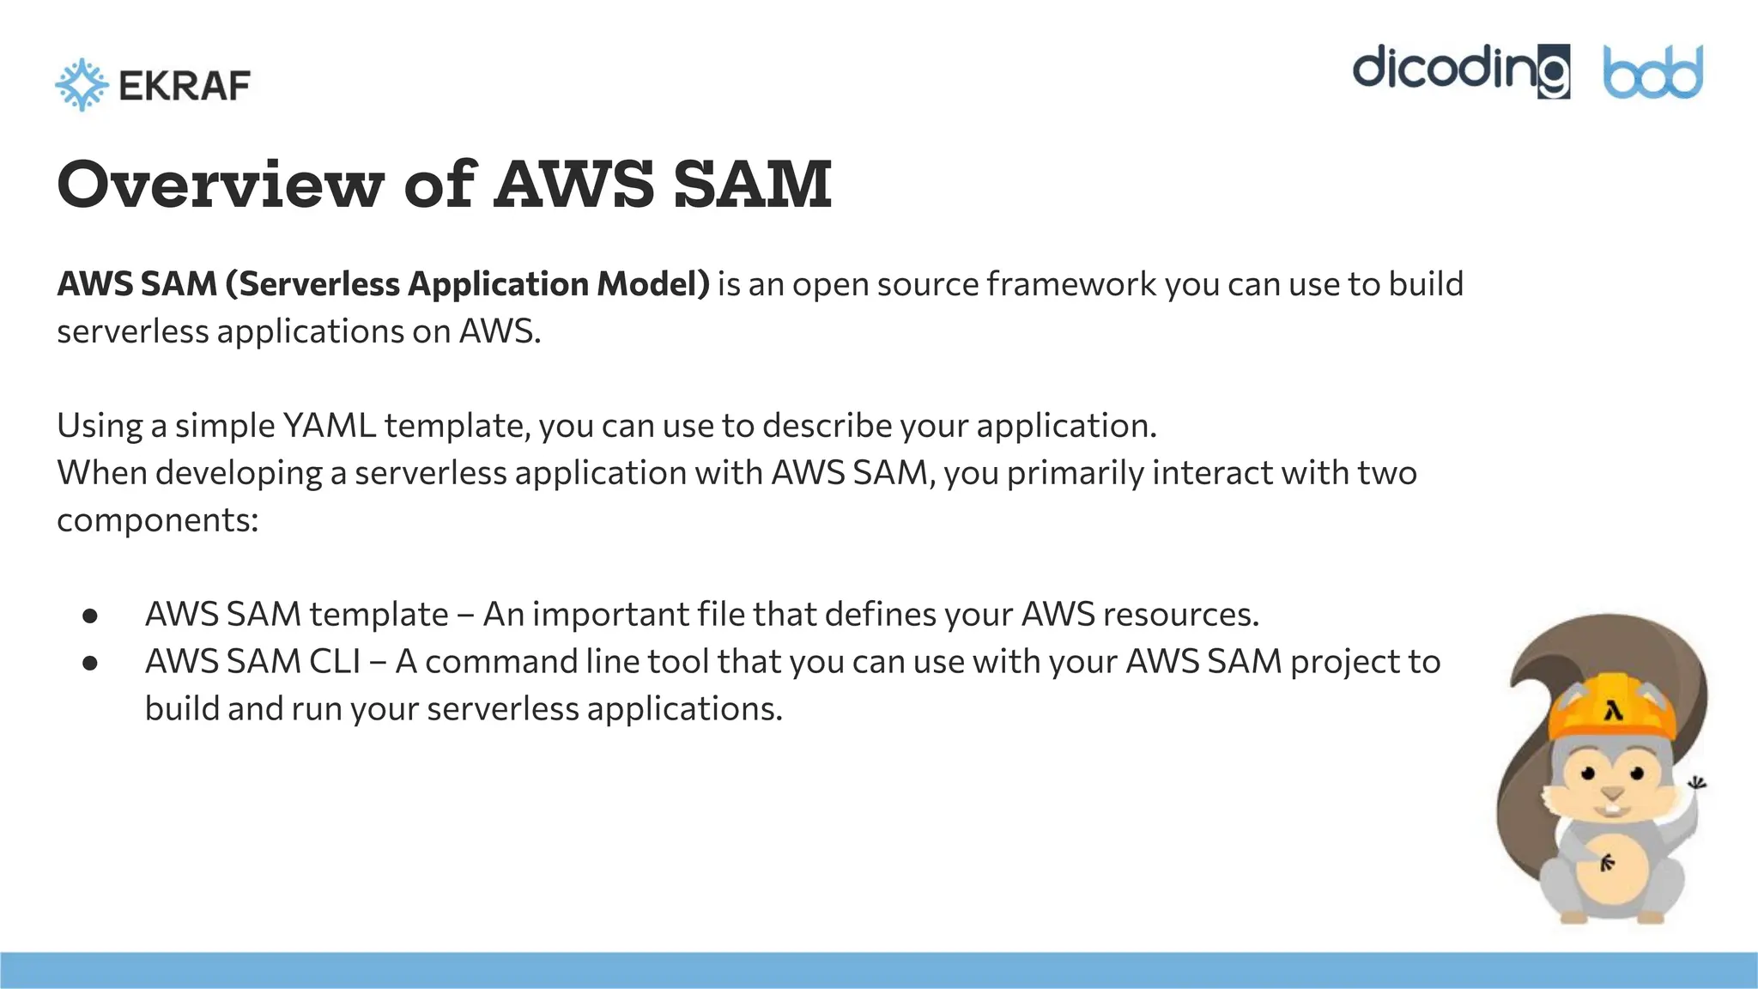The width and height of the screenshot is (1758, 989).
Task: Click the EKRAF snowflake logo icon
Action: (82, 85)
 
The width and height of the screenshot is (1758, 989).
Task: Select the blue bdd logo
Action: (1652, 72)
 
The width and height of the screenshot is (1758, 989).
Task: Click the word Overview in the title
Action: (221, 184)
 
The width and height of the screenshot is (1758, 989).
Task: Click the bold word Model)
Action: (653, 284)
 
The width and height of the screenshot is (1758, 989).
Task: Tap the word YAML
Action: (329, 426)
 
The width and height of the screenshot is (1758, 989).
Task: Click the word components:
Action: (157, 520)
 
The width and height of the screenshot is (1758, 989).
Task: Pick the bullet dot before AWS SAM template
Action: (90, 616)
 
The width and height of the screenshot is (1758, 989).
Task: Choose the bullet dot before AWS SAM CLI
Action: (90, 663)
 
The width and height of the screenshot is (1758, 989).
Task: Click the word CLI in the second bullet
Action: (335, 662)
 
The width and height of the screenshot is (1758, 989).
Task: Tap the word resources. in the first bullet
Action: (1180, 615)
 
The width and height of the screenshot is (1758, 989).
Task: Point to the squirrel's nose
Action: (1613, 792)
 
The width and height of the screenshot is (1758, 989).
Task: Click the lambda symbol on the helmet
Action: (1614, 712)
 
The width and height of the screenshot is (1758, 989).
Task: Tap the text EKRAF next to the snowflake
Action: (185, 86)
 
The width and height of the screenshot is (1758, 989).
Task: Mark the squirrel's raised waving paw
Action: (1695, 784)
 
